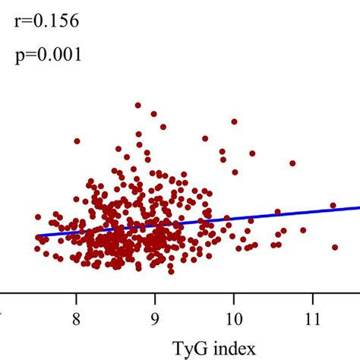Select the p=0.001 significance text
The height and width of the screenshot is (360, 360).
click(x=46, y=55)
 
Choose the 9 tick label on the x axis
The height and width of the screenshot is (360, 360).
click(x=155, y=317)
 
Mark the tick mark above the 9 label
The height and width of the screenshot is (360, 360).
click(x=155, y=295)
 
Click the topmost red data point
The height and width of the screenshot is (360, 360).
click(x=137, y=106)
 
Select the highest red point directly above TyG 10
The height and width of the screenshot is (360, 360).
click(x=234, y=121)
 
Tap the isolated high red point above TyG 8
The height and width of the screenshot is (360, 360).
click(x=77, y=141)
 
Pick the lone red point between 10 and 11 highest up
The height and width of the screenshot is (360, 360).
click(x=292, y=163)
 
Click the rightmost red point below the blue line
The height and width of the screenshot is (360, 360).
click(x=334, y=247)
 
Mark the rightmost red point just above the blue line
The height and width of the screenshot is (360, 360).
click(x=333, y=205)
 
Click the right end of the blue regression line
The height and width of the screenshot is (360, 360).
click(x=358, y=207)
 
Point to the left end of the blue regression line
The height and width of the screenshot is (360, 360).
click(x=37, y=236)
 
